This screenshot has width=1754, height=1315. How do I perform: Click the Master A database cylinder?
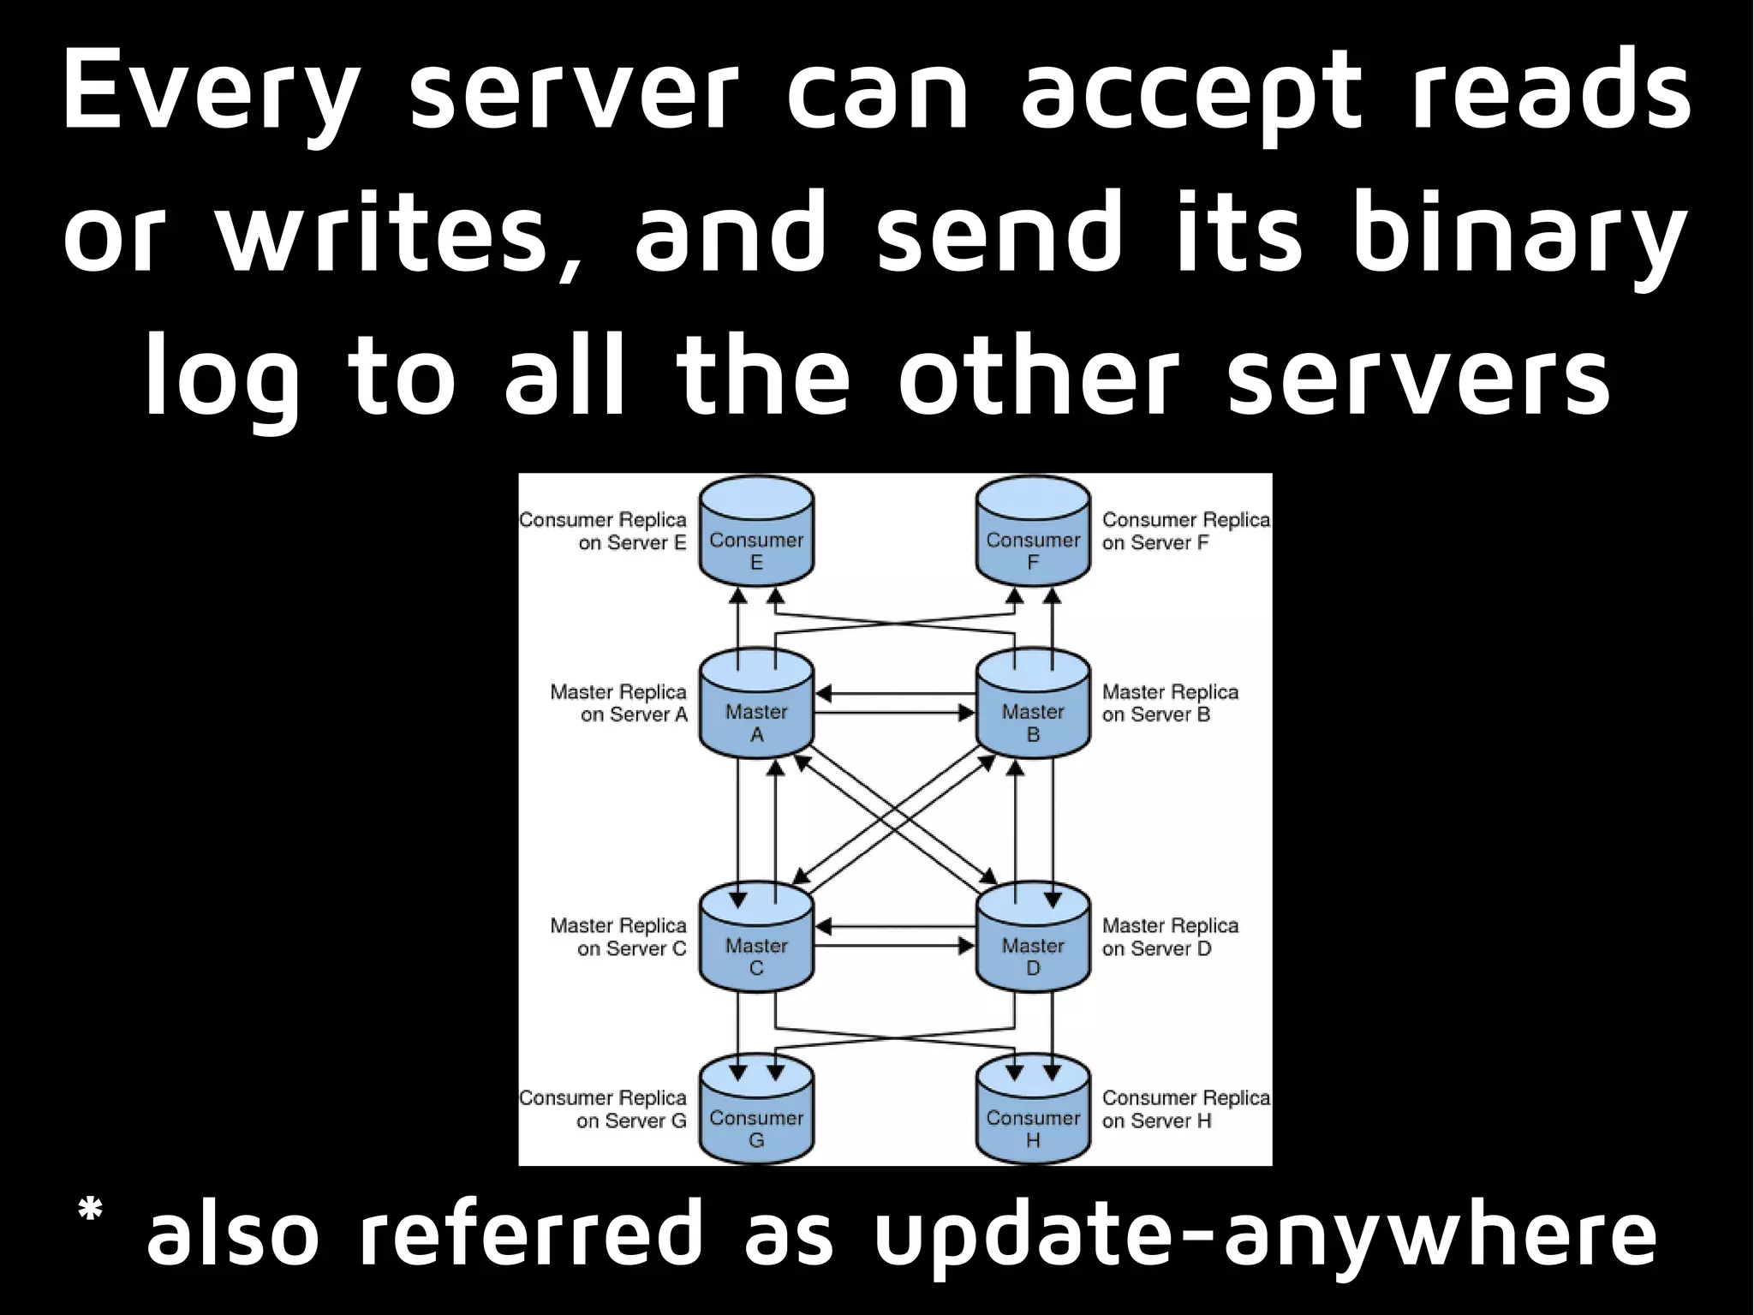(x=756, y=705)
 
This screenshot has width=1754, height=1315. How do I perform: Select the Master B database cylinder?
(x=1033, y=705)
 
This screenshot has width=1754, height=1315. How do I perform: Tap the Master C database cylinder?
(x=756, y=939)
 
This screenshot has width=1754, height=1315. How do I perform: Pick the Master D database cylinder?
(x=1033, y=939)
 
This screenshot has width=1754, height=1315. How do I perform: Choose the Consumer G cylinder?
(x=756, y=1111)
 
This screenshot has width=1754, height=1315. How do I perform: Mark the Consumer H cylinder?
(x=1033, y=1111)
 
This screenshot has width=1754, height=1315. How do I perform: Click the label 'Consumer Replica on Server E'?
(x=604, y=531)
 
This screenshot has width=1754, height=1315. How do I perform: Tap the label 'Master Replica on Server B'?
(x=1170, y=703)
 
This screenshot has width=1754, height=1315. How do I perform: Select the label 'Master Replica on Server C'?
(x=619, y=937)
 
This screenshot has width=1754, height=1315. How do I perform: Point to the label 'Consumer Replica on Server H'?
(x=1185, y=1109)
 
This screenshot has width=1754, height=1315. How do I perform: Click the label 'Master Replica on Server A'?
(x=619, y=703)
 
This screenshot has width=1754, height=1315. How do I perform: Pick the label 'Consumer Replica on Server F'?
(x=1185, y=531)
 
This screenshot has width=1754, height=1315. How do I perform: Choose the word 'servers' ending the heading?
(x=1418, y=377)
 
